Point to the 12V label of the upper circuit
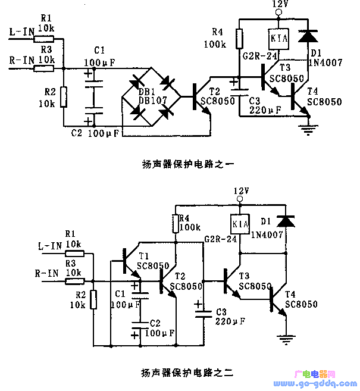tap(280, 4)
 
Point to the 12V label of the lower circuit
tap(240, 190)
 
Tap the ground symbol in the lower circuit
tap(286, 339)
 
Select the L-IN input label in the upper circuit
tap(21, 32)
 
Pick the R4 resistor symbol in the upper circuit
tap(239, 39)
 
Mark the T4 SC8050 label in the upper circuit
tap(324, 97)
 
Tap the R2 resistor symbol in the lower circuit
tap(93, 301)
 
